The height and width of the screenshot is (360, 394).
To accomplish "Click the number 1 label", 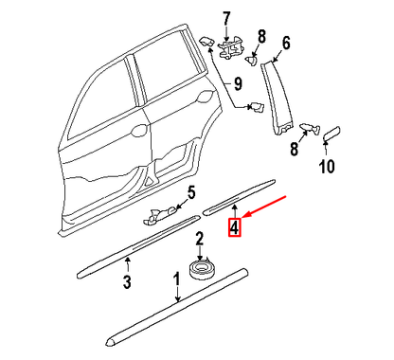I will click(x=176, y=280).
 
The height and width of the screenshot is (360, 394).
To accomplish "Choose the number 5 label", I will click(x=189, y=195).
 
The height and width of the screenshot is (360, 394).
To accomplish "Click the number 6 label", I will click(x=285, y=42).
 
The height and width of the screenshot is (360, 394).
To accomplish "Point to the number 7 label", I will click(x=225, y=17).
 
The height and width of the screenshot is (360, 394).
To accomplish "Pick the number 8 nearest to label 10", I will click(x=295, y=149).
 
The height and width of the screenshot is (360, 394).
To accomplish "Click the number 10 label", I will click(x=326, y=169).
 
